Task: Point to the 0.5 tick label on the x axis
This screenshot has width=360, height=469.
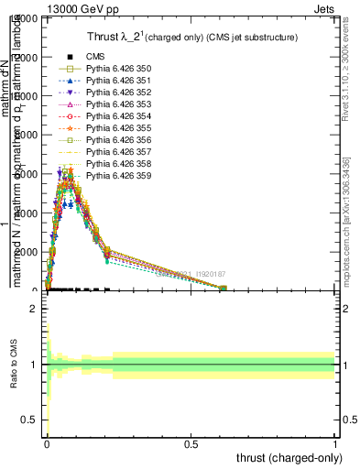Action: [191, 442]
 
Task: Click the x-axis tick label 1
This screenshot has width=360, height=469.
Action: [335, 442]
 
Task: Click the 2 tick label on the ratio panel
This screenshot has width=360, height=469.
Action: [35, 310]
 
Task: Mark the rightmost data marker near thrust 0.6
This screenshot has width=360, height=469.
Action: [223, 288]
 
